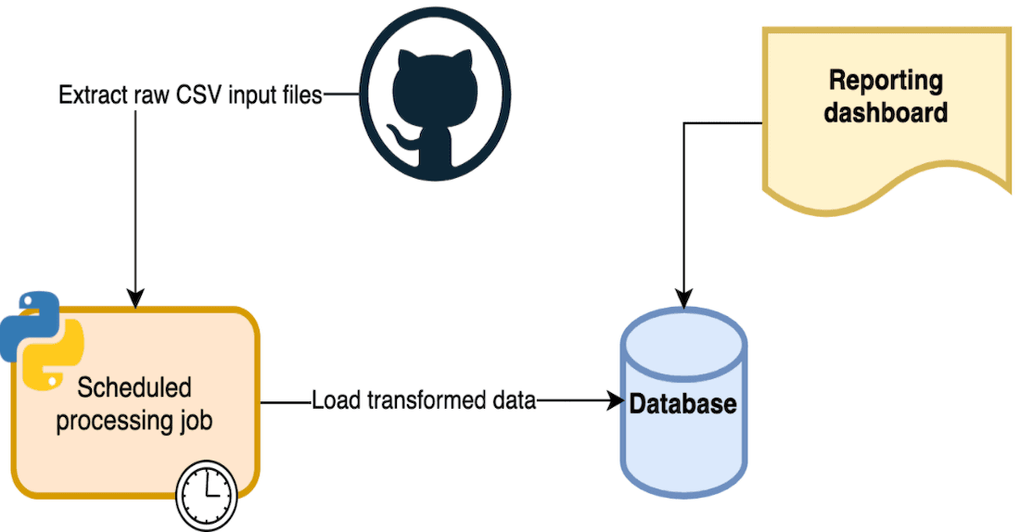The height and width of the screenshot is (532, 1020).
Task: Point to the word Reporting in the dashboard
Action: [885, 81]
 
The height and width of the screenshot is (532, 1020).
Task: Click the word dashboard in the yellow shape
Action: [885, 113]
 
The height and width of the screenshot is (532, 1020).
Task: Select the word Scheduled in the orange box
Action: [134, 386]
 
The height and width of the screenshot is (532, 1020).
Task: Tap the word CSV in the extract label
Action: [189, 95]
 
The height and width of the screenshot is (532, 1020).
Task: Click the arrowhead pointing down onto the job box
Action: [135, 299]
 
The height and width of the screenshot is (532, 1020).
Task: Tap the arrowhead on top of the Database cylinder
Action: [683, 299]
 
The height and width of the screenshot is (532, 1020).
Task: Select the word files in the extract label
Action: [300, 95]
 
